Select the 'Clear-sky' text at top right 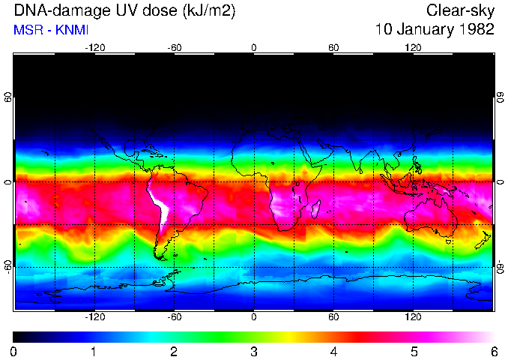(460, 10)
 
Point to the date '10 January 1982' (435, 30)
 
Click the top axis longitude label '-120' (94, 48)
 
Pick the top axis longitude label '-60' (175, 48)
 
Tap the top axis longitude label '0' (254, 48)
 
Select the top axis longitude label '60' (333, 48)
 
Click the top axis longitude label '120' (413, 48)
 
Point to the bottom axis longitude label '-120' (94, 316)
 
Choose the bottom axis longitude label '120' (413, 316)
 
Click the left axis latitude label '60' (8, 97)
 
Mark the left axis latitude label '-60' (8, 266)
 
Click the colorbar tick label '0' (14, 351)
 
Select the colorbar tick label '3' (254, 351)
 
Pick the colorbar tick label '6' (493, 351)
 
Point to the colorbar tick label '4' (333, 351)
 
